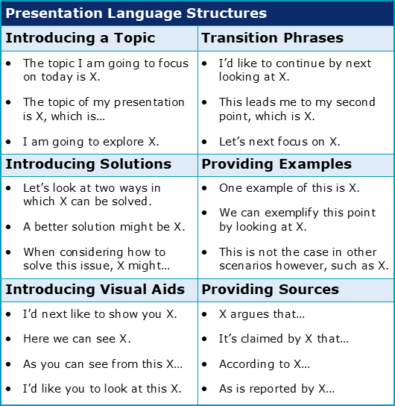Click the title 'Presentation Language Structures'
136,13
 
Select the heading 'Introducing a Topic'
80,38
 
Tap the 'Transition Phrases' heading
273,38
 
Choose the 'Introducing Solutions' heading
89,164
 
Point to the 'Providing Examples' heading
276,164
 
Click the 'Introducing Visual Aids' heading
95,290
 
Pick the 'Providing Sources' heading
270,290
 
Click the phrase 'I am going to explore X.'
91,142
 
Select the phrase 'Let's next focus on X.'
279,142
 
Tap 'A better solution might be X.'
104,227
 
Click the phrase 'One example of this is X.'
289,188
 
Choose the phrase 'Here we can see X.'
77,339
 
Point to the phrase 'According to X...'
265,364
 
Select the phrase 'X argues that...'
262,314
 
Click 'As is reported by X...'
276,389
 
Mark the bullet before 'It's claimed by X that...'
204,339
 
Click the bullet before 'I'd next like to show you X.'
8,314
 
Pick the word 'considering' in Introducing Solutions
91,252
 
